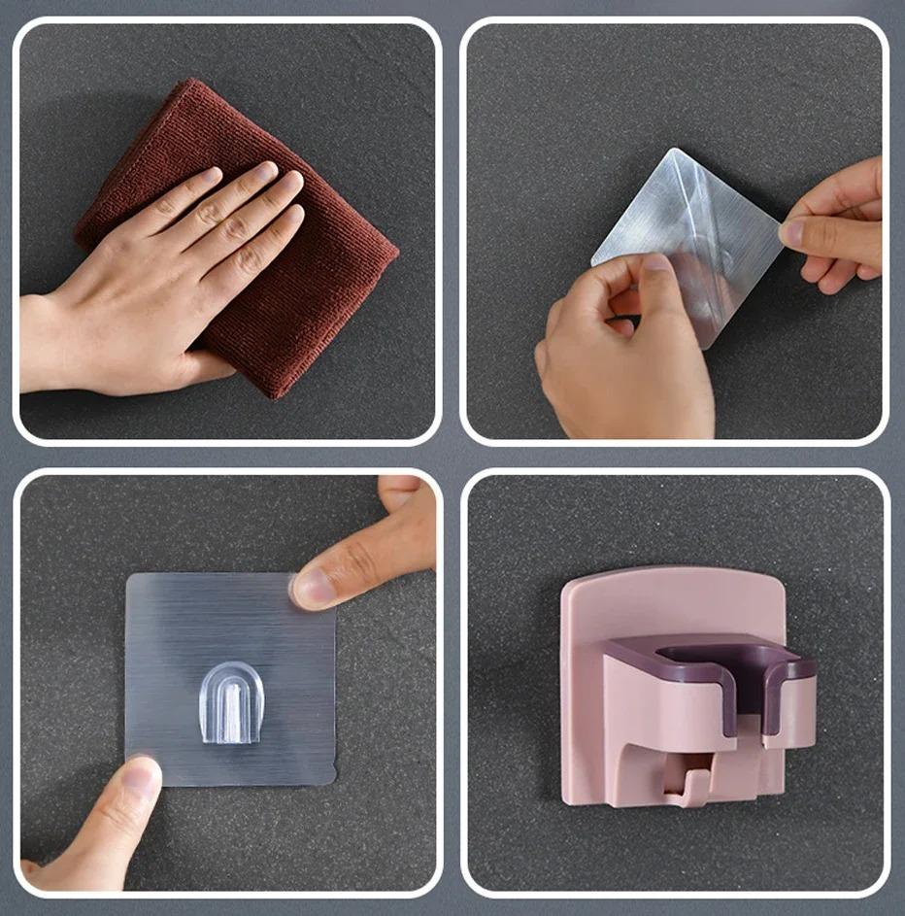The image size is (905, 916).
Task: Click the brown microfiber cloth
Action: pyautogui.click(x=320, y=291)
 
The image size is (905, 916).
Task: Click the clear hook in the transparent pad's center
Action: pyautogui.click(x=231, y=701)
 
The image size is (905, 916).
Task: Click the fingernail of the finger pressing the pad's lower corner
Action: pyautogui.click(x=142, y=776)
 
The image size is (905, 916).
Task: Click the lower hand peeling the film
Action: pyautogui.click(x=621, y=359)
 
